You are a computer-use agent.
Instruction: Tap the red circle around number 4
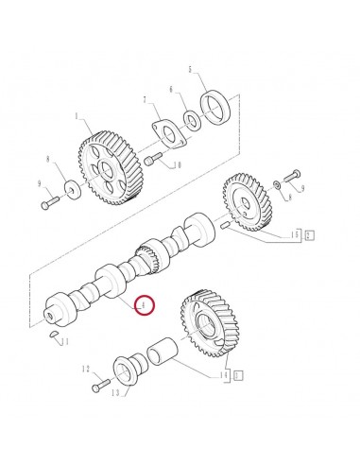pos(144,306)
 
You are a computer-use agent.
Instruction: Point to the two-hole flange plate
pos(167,135)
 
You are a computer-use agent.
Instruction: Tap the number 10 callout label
pos(177,165)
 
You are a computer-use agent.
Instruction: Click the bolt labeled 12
pos(99,387)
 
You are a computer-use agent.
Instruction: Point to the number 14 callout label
pos(226,375)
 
